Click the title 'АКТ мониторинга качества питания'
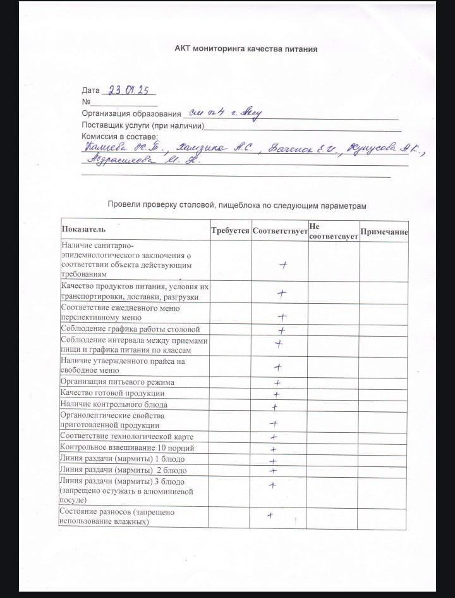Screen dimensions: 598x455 coord(246,49)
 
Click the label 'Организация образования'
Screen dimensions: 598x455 coord(131,114)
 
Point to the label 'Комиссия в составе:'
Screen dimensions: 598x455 coord(120,136)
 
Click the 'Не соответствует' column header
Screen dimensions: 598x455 coord(333,231)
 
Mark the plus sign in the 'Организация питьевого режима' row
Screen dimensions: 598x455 coord(277,383)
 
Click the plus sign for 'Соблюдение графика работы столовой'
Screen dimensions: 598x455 coord(282,330)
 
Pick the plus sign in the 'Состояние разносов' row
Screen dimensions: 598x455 coord(270,515)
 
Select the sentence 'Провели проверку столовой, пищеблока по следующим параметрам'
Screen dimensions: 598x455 coord(237,205)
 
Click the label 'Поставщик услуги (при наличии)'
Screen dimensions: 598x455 coord(143,125)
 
